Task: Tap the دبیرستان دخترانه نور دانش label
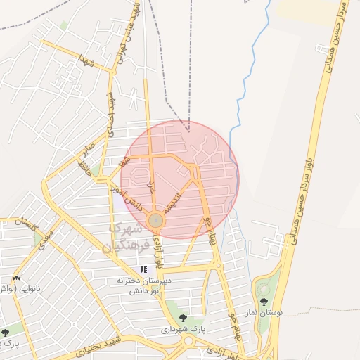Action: (x=144, y=285)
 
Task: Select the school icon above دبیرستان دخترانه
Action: (x=144, y=269)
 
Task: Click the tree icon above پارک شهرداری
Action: (x=183, y=318)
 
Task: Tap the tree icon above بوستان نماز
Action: (x=264, y=302)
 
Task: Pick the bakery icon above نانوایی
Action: (x=16, y=278)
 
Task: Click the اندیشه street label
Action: (x=173, y=202)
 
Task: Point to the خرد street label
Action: (x=150, y=186)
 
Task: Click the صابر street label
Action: (x=87, y=149)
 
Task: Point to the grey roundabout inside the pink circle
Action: (x=156, y=221)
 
